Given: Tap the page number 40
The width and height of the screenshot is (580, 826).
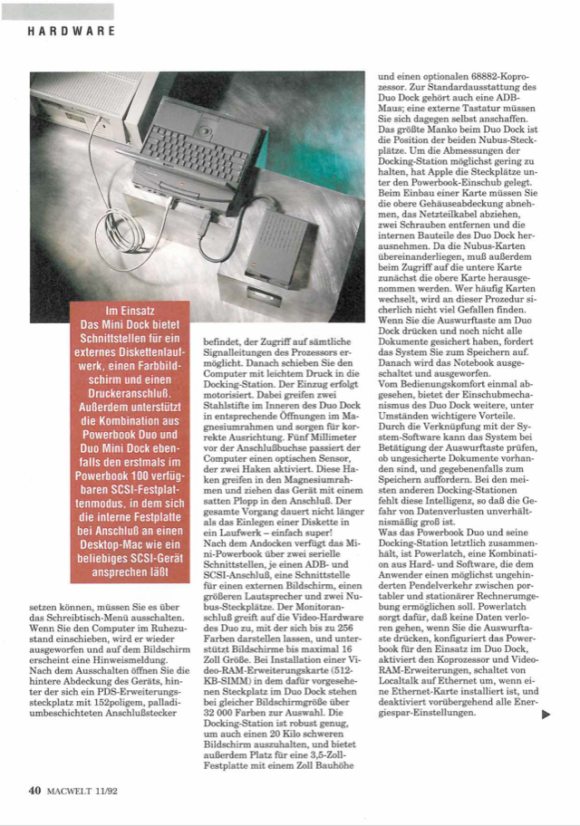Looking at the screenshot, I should [x=35, y=791].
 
